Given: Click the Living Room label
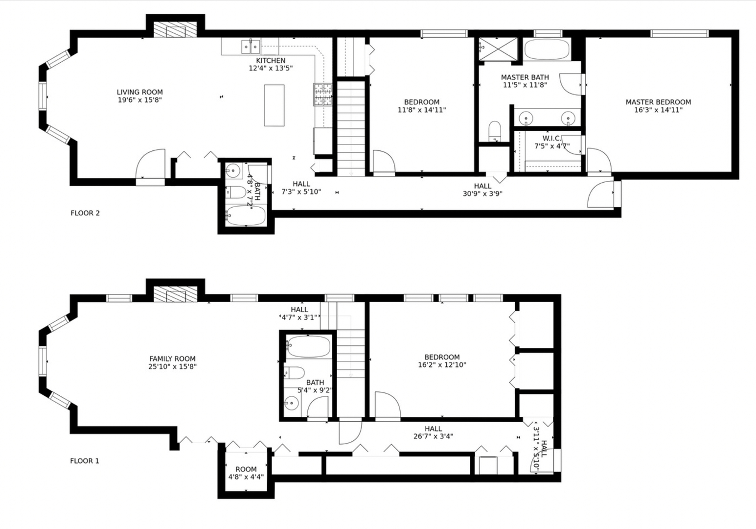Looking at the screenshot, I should tap(139, 92).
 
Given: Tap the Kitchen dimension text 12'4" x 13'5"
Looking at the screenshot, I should tap(270, 69).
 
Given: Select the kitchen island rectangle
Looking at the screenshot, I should tap(274, 105).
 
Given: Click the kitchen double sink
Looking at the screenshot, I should tap(251, 47).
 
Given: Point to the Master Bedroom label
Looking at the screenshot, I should tap(658, 102).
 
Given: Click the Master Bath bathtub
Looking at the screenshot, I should tap(547, 49).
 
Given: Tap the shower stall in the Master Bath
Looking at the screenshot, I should tap(497, 48).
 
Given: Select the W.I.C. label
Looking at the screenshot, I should tap(551, 139).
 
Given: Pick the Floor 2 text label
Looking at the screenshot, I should tap(85, 213).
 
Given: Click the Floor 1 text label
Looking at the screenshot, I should tap(85, 461).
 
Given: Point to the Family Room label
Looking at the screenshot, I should tap(172, 359).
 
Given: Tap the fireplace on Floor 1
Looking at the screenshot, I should tap(175, 294).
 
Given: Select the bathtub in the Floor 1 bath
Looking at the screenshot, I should tap(308, 347).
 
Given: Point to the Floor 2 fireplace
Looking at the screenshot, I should tap(175, 30).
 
